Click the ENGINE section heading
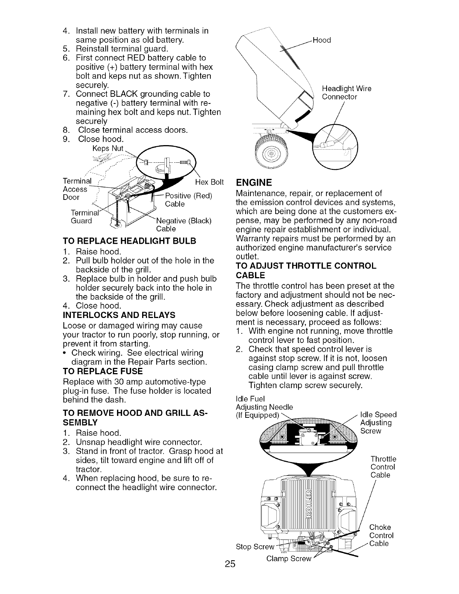[254, 183]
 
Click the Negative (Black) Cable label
[184, 224]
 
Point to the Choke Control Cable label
[381, 535]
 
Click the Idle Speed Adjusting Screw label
[377, 423]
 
